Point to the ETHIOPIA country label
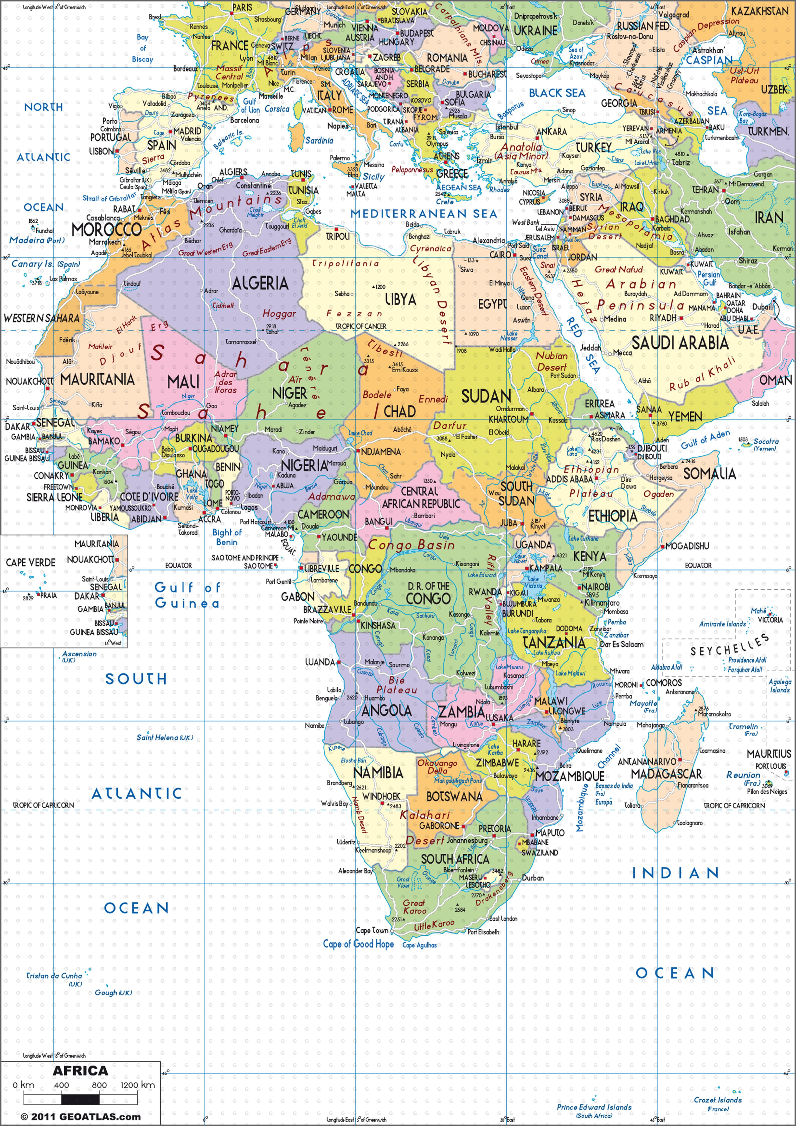pyautogui.click(x=613, y=516)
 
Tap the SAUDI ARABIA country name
pyautogui.click(x=680, y=343)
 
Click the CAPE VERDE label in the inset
pyautogui.click(x=30, y=563)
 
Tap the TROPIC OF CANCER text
pyautogui.click(x=361, y=326)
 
